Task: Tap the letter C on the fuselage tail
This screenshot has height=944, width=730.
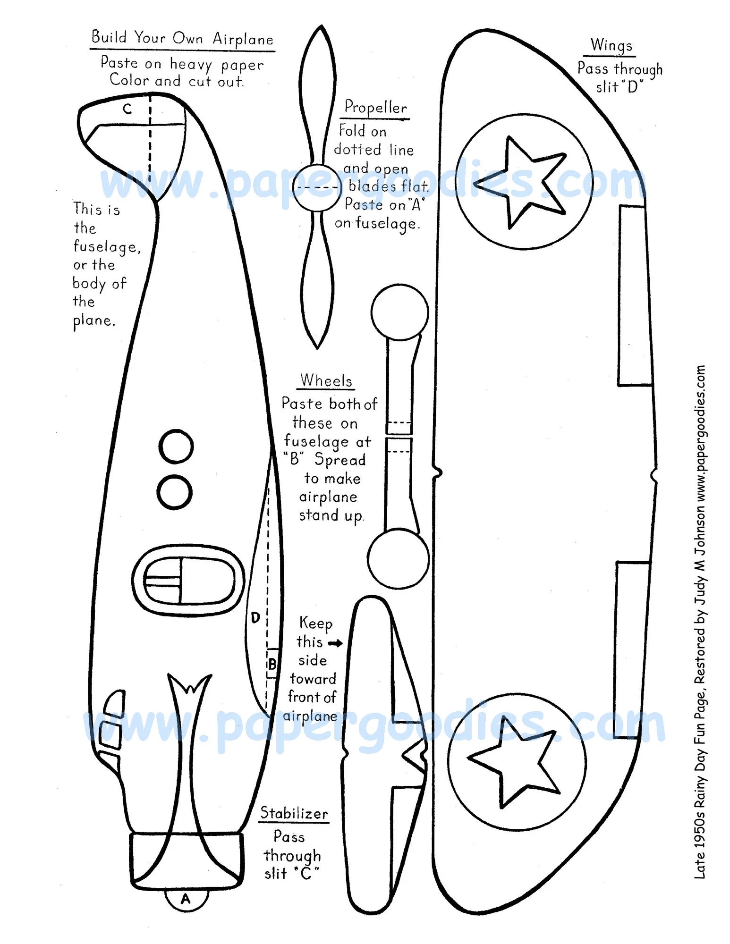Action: tap(127, 110)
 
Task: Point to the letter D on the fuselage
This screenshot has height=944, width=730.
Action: tap(255, 617)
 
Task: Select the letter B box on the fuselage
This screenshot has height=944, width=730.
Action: tap(272, 664)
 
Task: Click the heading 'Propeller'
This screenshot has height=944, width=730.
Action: tap(375, 108)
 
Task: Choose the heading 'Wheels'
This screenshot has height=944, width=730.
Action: tap(326, 380)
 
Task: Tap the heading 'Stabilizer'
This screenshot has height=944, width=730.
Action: tap(294, 813)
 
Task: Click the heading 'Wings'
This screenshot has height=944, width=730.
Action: tap(611, 45)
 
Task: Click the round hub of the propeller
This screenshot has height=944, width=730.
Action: tap(317, 187)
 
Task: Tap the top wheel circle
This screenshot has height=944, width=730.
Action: tap(399, 312)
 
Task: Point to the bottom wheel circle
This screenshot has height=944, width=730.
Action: tap(398, 558)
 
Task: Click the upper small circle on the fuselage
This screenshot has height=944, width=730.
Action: tap(176, 446)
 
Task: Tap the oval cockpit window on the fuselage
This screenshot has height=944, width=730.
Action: tap(188, 580)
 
